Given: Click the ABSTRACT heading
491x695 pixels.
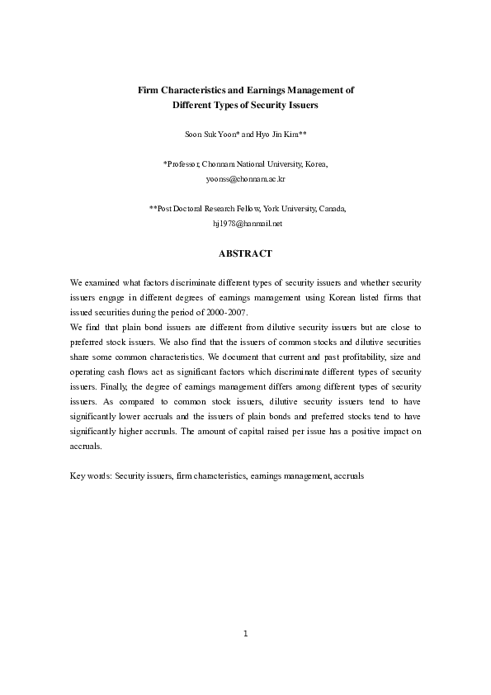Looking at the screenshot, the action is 245,253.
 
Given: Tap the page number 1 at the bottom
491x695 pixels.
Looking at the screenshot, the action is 245,634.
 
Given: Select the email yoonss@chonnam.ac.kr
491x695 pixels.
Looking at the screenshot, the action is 245,178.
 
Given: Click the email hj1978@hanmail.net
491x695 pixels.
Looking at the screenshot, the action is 247,224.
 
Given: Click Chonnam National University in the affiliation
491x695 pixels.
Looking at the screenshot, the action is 253,163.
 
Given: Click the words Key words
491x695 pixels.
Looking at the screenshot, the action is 91,476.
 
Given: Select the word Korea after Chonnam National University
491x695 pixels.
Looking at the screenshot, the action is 316,163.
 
